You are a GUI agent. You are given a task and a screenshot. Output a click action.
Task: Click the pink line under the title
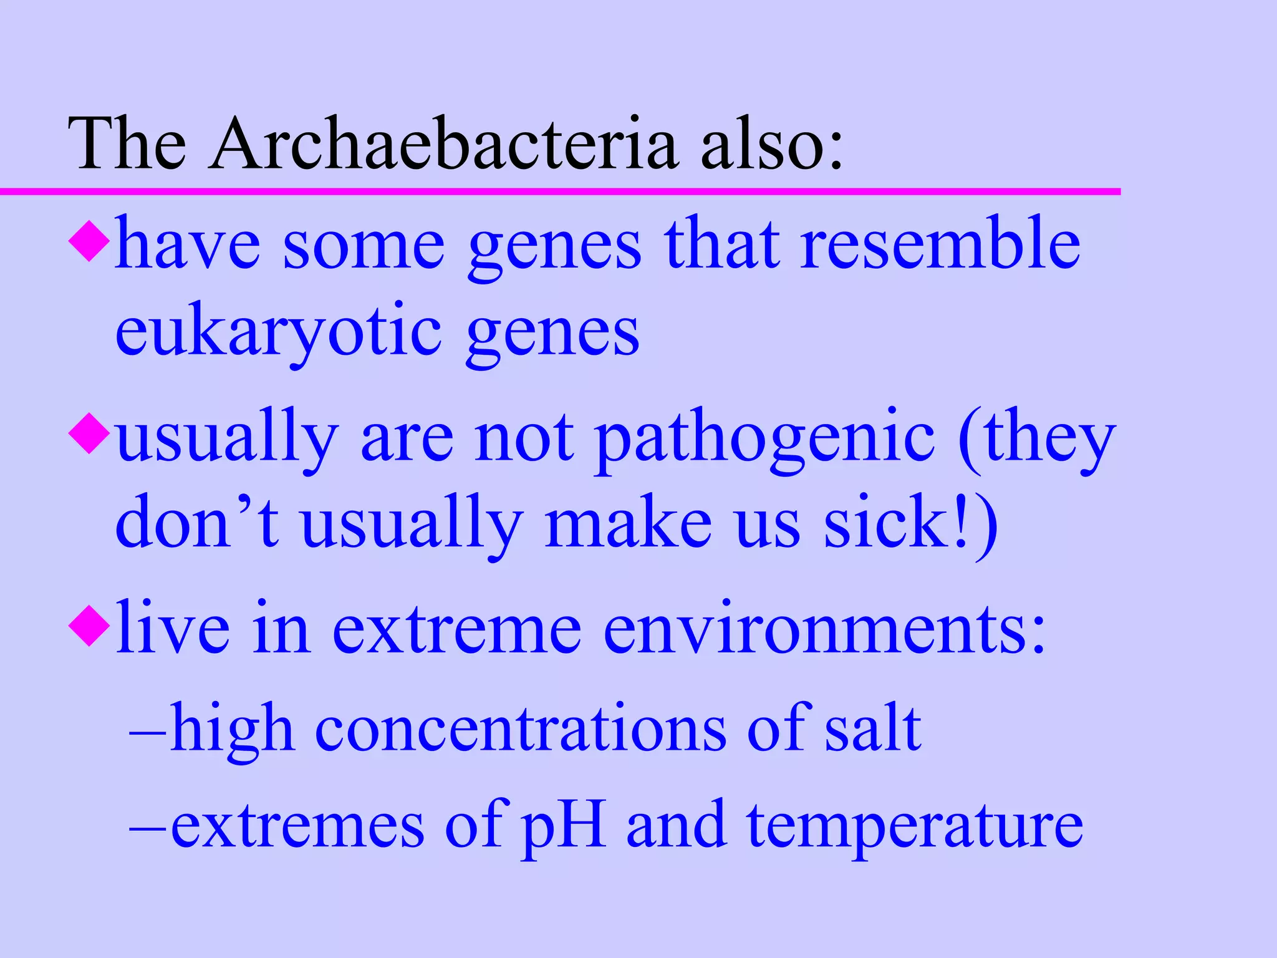click(x=561, y=191)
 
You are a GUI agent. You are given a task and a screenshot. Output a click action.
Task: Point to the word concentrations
click(x=521, y=728)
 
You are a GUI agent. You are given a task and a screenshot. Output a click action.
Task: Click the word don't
click(x=197, y=523)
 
